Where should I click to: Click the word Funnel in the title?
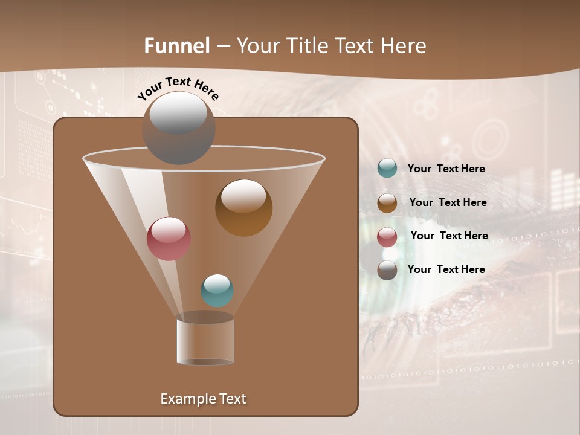[x=176, y=46]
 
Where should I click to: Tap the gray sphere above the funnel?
[x=179, y=127]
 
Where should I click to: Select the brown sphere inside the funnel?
[x=243, y=207]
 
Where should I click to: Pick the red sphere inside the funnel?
[x=169, y=239]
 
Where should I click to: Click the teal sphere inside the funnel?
[x=217, y=291]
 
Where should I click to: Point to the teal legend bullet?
[x=387, y=169]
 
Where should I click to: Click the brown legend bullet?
[x=387, y=203]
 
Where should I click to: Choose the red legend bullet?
[x=387, y=237]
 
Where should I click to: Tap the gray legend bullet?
[x=387, y=270]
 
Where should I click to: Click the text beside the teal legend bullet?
[x=446, y=169]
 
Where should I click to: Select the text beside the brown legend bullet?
[x=448, y=203]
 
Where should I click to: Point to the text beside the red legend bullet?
[x=449, y=236]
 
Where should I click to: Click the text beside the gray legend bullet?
[x=446, y=269]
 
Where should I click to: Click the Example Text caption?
[x=203, y=399]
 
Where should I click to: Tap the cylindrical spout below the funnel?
[x=205, y=340]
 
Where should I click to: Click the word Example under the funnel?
[x=187, y=399]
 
